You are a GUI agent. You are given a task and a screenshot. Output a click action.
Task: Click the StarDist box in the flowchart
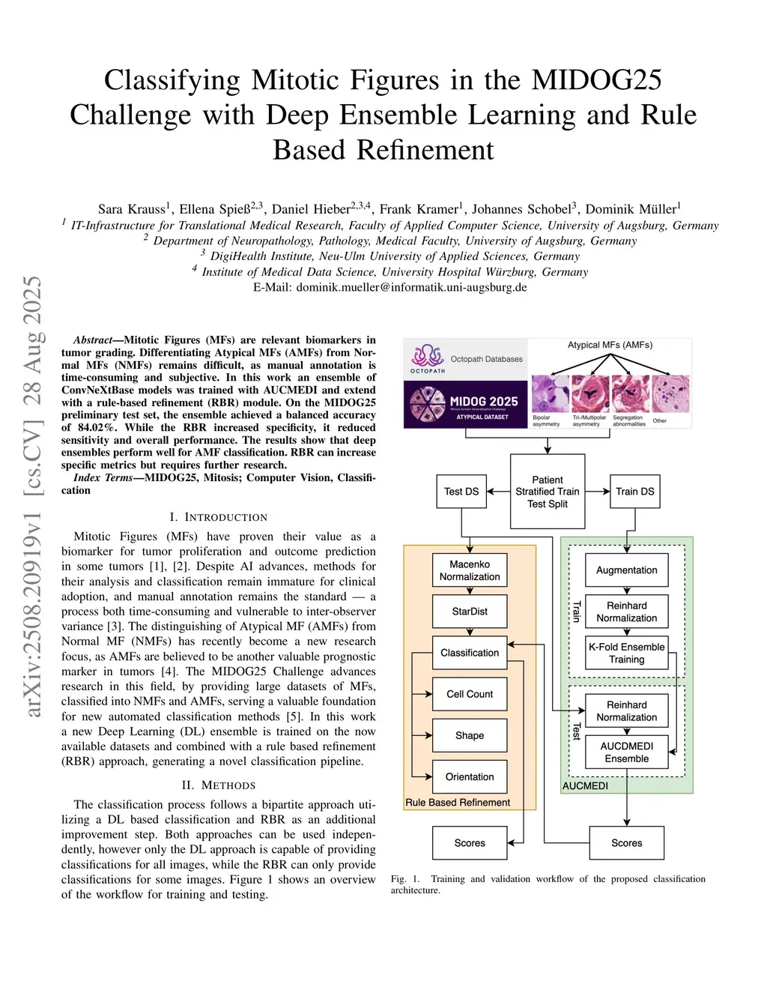tap(470, 612)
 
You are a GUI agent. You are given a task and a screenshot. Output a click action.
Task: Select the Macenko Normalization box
tap(470, 570)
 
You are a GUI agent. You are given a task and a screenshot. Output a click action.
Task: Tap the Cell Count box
tap(470, 694)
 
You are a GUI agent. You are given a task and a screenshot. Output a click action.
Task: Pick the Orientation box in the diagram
tap(470, 776)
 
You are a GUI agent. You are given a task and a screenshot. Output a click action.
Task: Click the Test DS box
tap(461, 492)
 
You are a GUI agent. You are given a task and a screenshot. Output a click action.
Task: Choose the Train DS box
tap(635, 492)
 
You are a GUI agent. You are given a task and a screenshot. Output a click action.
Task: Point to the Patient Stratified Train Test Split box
tap(548, 492)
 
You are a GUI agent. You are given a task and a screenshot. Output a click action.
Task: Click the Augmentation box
tap(627, 570)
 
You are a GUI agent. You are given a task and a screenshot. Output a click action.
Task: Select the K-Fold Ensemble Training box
tap(627, 653)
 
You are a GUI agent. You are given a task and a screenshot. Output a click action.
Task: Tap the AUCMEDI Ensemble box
tap(627, 752)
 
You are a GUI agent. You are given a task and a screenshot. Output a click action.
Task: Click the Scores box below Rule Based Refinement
tap(470, 843)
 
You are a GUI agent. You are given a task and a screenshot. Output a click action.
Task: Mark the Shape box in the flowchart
tap(470, 735)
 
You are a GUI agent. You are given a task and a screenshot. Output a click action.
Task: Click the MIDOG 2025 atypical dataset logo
tap(465, 405)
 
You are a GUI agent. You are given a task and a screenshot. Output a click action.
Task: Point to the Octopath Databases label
tap(486, 359)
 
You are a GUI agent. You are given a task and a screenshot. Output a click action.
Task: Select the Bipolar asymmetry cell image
tap(550, 394)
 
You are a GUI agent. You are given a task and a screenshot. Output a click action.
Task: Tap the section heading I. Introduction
tap(218, 517)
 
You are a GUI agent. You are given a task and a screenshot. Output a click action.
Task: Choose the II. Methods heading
tap(218, 785)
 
